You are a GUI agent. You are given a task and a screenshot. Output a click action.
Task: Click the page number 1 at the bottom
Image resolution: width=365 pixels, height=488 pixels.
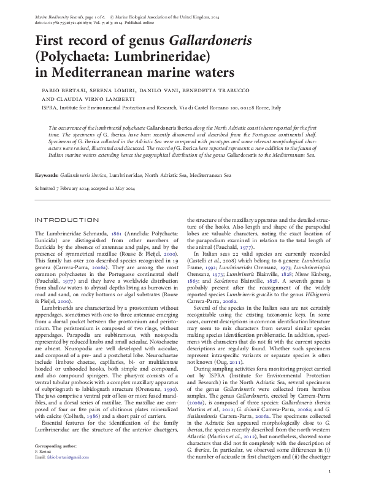coord(330,471)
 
